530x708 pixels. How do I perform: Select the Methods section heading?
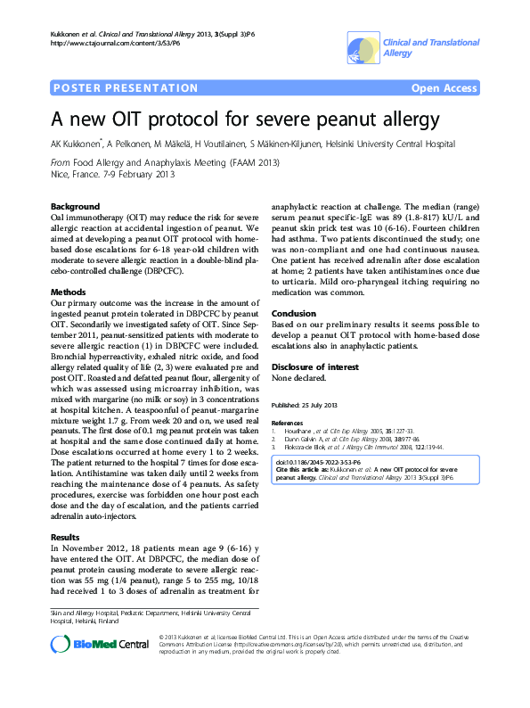(67, 292)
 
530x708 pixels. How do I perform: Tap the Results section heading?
(65, 538)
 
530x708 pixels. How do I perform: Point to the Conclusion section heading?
(293, 314)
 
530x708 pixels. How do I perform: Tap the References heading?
(287, 423)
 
